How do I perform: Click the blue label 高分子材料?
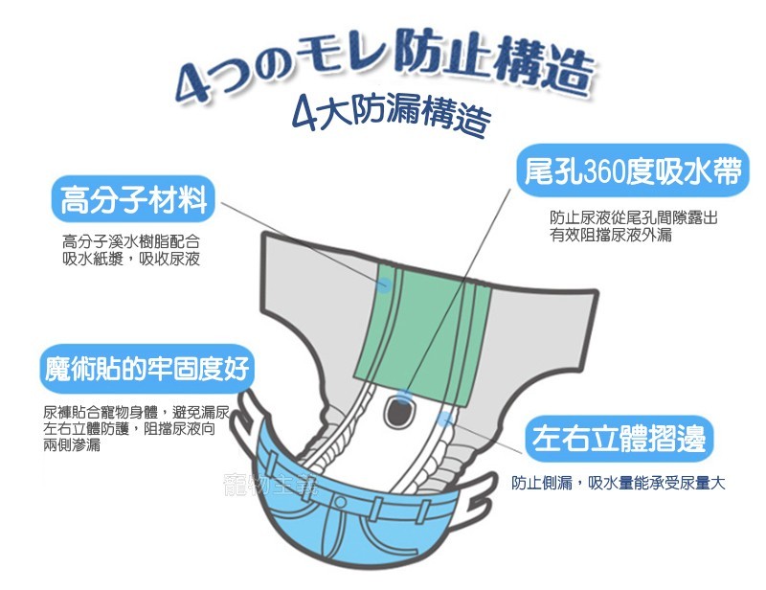click(x=134, y=200)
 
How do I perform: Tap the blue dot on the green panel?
click(x=384, y=284)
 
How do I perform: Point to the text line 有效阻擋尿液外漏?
click(x=610, y=235)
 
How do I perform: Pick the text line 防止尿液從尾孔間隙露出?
click(x=633, y=218)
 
